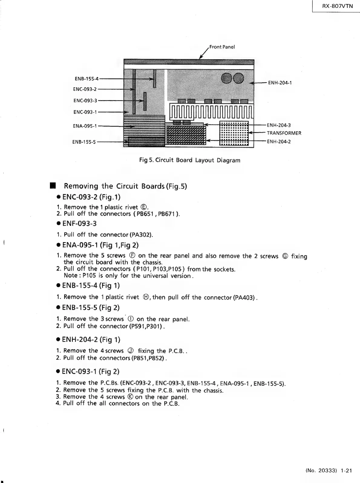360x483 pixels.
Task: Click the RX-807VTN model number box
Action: tap(336, 6)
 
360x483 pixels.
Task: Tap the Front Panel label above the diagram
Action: tap(222, 47)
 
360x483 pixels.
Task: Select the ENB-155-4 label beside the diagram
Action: tap(86, 79)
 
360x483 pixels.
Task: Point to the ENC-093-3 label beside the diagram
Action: tap(85, 100)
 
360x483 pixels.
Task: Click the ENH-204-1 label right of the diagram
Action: tap(280, 83)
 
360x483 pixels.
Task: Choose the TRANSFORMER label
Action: tap(284, 133)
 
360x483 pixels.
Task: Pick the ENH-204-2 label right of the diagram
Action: tap(279, 141)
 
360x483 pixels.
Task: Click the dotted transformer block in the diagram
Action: tap(234, 133)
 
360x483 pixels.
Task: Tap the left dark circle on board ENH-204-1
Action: tap(226, 78)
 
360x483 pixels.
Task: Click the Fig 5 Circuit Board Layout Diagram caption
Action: tap(190, 160)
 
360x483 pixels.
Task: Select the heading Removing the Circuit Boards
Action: tap(126, 186)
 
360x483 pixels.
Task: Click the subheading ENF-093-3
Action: tap(79, 224)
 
